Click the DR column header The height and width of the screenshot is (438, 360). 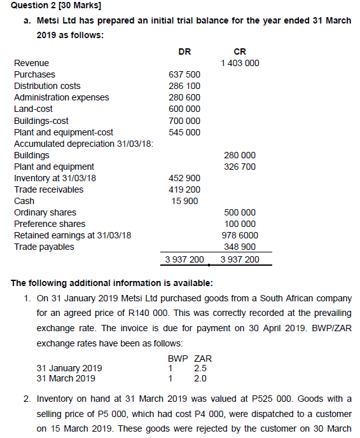(x=185, y=51)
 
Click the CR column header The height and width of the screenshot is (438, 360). (x=240, y=51)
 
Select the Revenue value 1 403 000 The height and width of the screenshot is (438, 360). (x=240, y=63)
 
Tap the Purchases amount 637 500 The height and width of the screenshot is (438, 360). (x=184, y=74)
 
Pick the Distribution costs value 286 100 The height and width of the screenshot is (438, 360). (x=184, y=86)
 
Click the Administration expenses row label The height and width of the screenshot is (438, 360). (x=62, y=97)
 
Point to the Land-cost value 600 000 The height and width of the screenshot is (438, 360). (x=184, y=109)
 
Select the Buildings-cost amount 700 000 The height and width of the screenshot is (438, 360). (x=184, y=121)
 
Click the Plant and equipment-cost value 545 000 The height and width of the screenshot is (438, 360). (x=184, y=132)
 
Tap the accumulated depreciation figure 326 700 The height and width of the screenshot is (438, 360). (x=240, y=167)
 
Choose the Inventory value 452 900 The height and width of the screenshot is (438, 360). (x=184, y=178)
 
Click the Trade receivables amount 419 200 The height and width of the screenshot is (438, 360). (x=184, y=189)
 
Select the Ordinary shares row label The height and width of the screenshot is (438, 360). (x=45, y=212)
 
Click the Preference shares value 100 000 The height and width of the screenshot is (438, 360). (x=240, y=224)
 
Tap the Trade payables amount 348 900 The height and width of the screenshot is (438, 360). (x=240, y=247)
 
